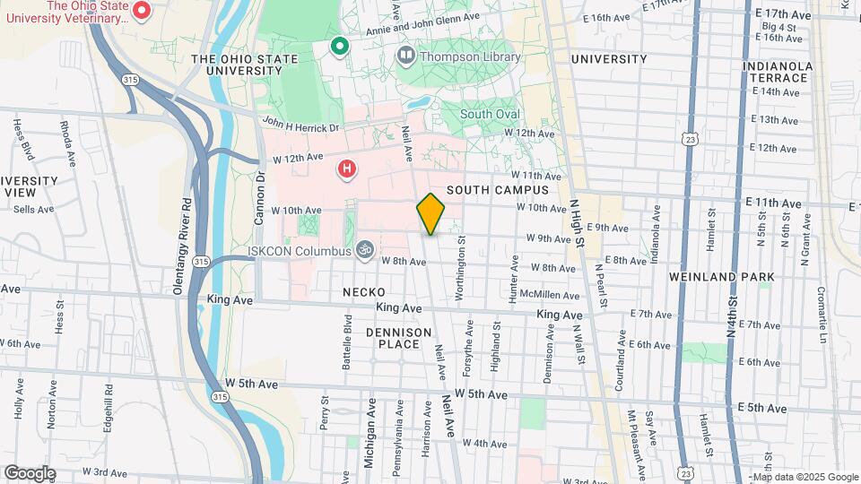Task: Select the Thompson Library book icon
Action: click(405, 57)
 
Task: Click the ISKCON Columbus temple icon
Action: click(364, 249)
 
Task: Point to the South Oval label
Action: click(489, 114)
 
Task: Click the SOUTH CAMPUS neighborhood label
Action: click(497, 190)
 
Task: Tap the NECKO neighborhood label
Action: click(363, 292)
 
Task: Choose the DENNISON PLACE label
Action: click(393, 338)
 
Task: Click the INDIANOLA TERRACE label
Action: click(777, 73)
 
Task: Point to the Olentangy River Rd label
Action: click(182, 246)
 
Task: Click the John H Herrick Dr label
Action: click(300, 125)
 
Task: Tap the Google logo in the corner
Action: click(29, 473)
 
